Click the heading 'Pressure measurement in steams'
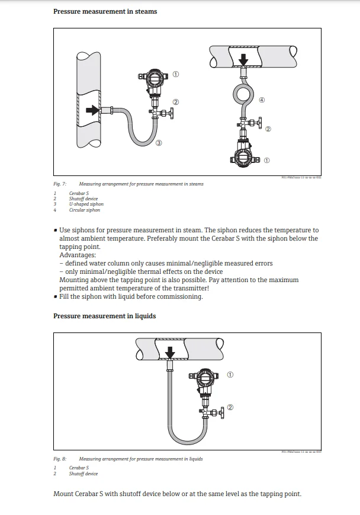point(105,11)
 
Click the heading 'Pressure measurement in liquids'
point(104,316)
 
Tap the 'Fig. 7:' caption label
point(60,184)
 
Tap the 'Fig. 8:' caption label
point(60,459)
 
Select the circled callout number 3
point(159,143)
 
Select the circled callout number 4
point(261,100)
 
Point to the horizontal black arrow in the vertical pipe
point(92,110)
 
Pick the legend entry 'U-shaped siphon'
point(86,204)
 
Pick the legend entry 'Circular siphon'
point(85,210)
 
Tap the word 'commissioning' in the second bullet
point(181,296)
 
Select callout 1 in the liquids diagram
point(230,375)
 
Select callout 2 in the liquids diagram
point(230,407)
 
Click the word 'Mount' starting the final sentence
point(62,494)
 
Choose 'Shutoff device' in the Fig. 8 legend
point(83,474)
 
